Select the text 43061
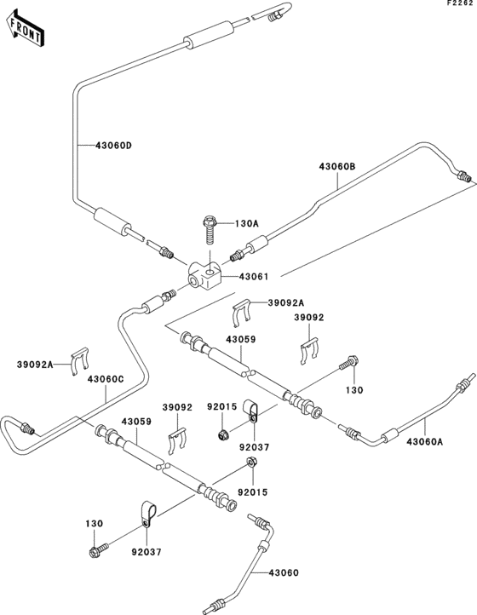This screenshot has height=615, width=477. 253,276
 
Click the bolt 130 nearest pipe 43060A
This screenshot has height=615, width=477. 348,365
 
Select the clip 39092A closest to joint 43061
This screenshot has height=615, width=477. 241,315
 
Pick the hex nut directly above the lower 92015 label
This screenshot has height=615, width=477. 252,463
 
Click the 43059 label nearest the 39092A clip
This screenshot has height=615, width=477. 240,339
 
